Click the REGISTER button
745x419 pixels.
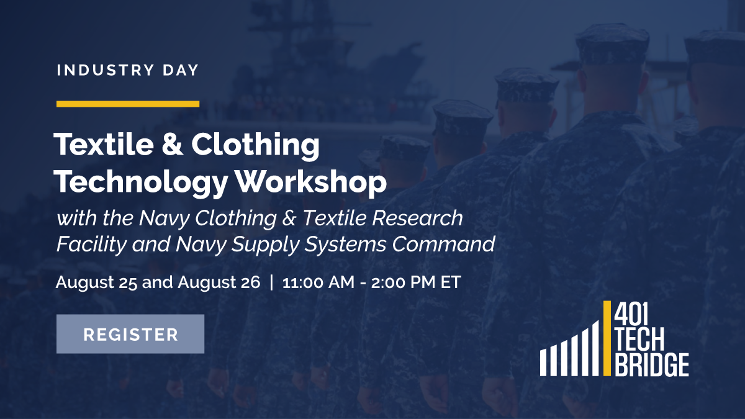coord(130,334)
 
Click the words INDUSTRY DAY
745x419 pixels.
coord(127,70)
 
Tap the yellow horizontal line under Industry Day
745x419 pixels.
coord(127,104)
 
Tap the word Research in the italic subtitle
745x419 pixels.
coord(418,218)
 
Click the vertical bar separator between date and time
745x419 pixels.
coord(271,282)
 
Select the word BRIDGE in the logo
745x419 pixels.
coord(651,364)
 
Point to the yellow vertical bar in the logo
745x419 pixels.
coord(607,338)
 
